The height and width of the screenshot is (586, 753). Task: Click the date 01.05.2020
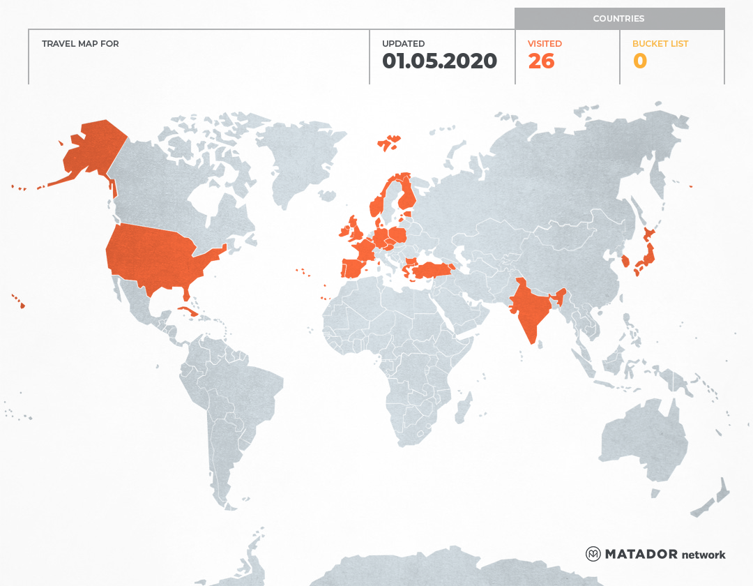pyautogui.click(x=439, y=61)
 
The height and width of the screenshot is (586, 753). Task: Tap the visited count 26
pyautogui.click(x=541, y=61)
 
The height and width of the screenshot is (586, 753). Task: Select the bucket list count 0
pyautogui.click(x=639, y=61)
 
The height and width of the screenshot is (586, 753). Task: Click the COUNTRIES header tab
pyautogui.click(x=618, y=19)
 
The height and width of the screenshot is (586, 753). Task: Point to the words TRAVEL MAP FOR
pyautogui.click(x=80, y=44)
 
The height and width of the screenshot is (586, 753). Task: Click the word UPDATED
pyautogui.click(x=403, y=44)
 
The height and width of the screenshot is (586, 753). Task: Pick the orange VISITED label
pyautogui.click(x=545, y=44)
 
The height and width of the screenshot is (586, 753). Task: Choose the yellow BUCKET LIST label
pyautogui.click(x=660, y=44)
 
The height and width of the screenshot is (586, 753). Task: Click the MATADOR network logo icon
pyautogui.click(x=593, y=554)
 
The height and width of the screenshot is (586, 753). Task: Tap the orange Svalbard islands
pyautogui.click(x=390, y=142)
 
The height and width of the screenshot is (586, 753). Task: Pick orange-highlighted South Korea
pyautogui.click(x=625, y=262)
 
